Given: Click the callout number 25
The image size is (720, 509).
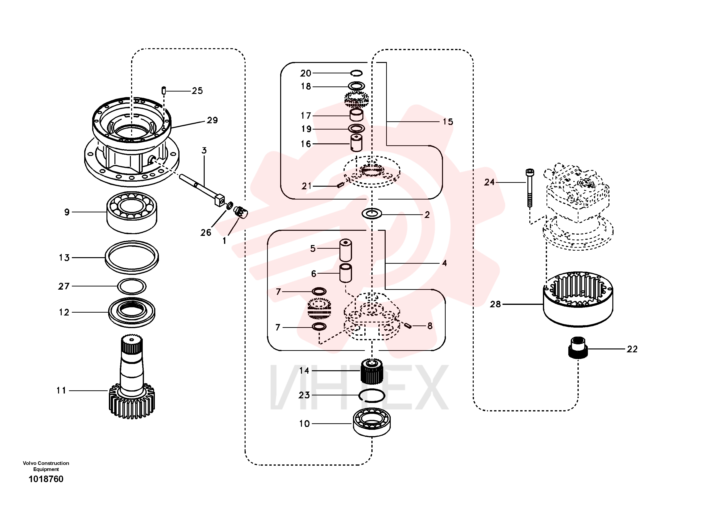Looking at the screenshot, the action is point(197,91).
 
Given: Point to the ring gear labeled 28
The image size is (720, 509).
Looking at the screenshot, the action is point(578,299).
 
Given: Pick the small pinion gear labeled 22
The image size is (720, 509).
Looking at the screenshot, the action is point(578,347).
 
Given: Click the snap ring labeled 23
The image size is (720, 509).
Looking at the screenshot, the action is point(372,395).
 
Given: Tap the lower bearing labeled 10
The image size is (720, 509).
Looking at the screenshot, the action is point(372,422).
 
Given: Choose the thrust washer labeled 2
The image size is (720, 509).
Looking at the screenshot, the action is point(372,214).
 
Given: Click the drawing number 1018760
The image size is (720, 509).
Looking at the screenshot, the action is point(46,479).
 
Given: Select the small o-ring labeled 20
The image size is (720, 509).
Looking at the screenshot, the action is point(357,73).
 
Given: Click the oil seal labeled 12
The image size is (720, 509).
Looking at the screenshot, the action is point(132,312).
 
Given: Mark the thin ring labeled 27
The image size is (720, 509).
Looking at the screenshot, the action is point(132,286).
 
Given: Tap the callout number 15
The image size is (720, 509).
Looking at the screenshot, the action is point(448,122).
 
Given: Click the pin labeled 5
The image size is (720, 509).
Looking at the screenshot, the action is point(345,250).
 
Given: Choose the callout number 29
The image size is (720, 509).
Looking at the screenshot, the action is point(212,120).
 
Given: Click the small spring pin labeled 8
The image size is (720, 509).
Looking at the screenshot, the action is point(408,326).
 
